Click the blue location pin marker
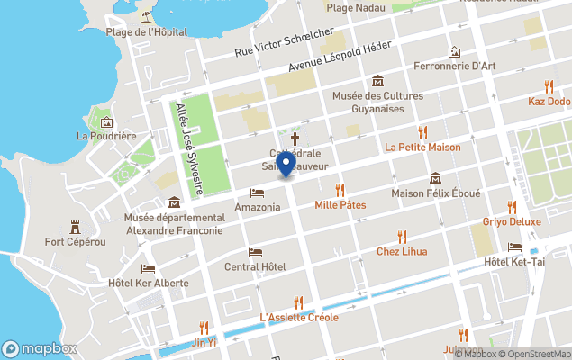click(286, 165)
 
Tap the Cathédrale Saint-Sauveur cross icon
click(294, 139)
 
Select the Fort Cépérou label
click(76, 241)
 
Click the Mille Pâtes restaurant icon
click(340, 190)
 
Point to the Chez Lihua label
click(402, 251)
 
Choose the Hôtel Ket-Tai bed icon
click(514, 247)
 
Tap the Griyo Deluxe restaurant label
click(512, 221)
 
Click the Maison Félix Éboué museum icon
click(436, 177)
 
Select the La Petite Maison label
click(422, 147)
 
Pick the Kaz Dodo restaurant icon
click(549, 87)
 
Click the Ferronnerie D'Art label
click(454, 66)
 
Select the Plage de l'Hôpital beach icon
click(146, 16)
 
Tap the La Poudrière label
click(106, 136)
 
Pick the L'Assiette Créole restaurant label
click(298, 317)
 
